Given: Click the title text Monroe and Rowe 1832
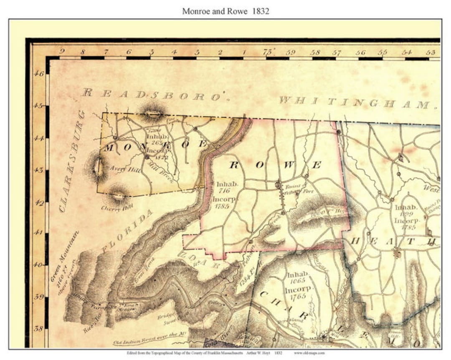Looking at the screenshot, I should tap(225, 11).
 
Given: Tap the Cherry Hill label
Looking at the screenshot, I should tap(117, 207).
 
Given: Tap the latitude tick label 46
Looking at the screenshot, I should tap(39, 73).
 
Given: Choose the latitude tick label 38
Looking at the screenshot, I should tap(39, 329).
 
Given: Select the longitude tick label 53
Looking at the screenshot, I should tap(431, 53).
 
